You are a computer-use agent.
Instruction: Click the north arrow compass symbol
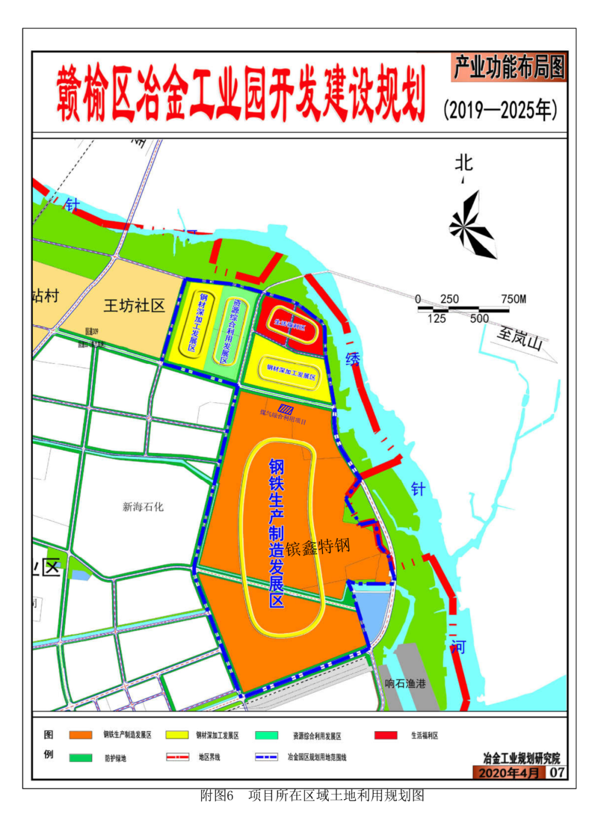tap(472, 225)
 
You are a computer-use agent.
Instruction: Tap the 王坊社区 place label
tap(134, 305)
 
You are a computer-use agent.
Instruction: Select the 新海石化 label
tap(143, 506)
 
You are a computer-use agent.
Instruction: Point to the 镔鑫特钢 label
tap(318, 547)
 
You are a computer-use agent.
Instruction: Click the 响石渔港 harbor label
tap(405, 683)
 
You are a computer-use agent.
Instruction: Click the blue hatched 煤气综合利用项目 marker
tap(285, 409)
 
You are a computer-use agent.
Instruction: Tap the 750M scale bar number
tap(513, 299)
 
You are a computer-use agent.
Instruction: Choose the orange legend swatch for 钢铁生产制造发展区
tap(80, 735)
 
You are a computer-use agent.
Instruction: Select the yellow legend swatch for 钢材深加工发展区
tap(177, 735)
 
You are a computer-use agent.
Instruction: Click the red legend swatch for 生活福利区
tap(386, 735)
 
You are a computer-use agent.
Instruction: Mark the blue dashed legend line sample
tap(266, 757)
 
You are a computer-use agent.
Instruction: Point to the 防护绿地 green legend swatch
tap(80, 758)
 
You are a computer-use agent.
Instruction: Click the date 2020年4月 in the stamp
tap(509, 772)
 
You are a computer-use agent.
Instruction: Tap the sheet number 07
tap(557, 772)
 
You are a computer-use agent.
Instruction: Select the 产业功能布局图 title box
tap(509, 67)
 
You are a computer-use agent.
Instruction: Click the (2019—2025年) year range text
tap(500, 110)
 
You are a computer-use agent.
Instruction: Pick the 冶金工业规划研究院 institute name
tap(521, 758)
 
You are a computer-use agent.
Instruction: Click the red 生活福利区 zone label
tap(289, 326)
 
